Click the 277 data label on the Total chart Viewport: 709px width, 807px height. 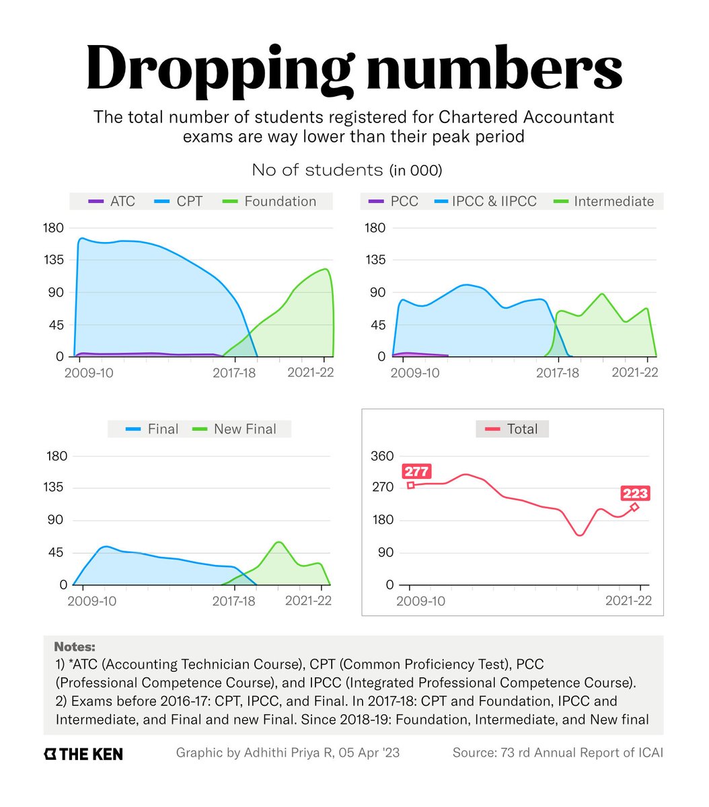416,471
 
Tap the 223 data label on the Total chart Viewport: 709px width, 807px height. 635,494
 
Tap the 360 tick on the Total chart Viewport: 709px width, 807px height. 382,456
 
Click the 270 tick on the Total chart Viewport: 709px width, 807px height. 382,488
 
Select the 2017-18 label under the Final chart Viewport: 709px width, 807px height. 234,601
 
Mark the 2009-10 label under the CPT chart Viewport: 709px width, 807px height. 89,373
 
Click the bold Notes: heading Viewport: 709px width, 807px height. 75,647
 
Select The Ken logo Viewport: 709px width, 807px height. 83,754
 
